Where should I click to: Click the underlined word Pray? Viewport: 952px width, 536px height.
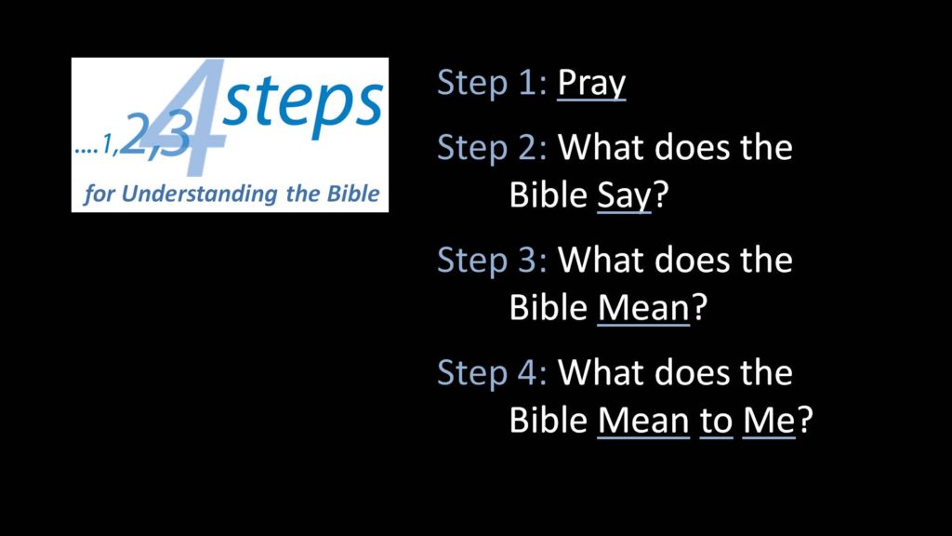[591, 84]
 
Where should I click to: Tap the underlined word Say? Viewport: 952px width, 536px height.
[624, 195]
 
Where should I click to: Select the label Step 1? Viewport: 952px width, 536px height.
[492, 84]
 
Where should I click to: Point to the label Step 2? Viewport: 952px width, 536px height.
[492, 148]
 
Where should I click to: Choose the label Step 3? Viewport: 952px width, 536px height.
[492, 261]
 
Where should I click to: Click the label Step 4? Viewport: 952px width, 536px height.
[492, 373]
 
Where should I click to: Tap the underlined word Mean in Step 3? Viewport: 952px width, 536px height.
[643, 308]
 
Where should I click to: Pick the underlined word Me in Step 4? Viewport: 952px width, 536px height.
[769, 421]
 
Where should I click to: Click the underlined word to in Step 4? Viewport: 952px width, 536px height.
[717, 421]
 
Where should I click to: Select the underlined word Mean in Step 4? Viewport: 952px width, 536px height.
[643, 421]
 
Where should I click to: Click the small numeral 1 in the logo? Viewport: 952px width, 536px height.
[108, 144]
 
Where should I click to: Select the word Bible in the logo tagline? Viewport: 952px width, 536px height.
[353, 194]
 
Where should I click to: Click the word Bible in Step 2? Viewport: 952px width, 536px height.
[549, 195]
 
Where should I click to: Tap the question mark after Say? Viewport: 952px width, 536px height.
[660, 194]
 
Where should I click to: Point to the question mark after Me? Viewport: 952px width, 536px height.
[804, 420]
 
